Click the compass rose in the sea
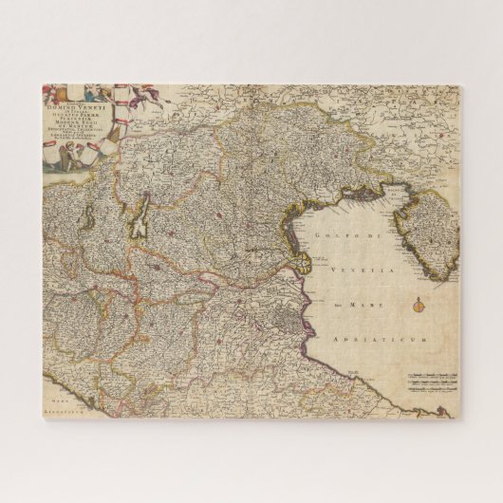point(419,306)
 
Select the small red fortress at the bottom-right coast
point(415,410)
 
